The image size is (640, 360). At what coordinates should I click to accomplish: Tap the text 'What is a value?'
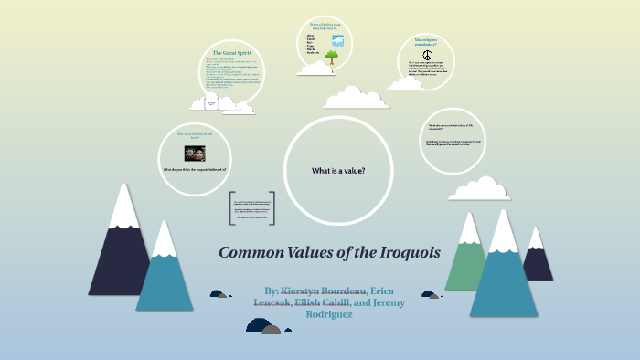[338, 171]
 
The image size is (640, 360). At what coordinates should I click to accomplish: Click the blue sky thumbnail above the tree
[337, 40]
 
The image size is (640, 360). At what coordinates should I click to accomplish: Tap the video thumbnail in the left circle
[195, 153]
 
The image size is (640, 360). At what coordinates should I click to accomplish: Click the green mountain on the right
[468, 254]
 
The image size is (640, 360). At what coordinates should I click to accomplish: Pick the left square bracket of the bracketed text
[232, 208]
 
